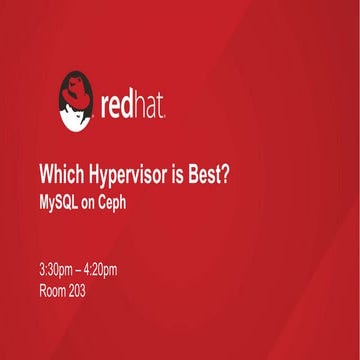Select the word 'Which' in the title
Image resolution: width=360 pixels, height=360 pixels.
coord(56,171)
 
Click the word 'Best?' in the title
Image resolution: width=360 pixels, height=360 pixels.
coord(213,171)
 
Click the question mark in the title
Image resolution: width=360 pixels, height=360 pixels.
coord(228,171)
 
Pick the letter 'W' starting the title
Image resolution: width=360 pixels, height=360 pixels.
coord(44,171)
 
